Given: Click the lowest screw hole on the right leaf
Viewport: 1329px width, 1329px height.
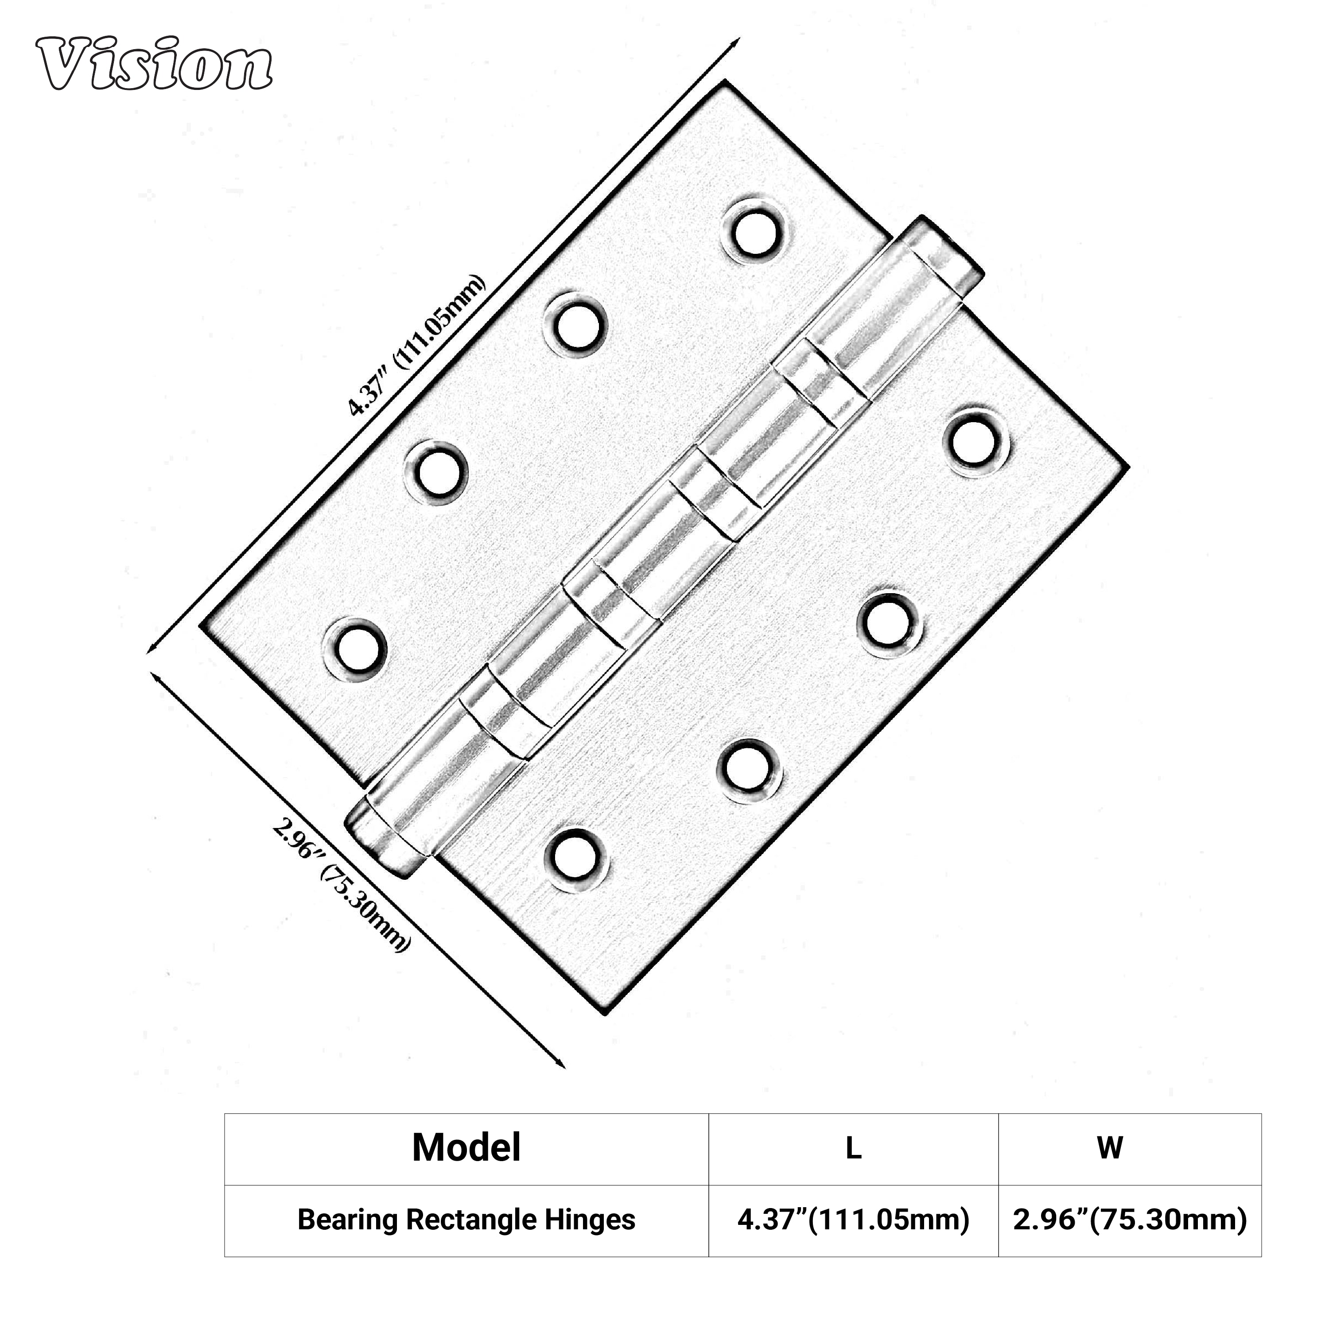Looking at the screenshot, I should (576, 860).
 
